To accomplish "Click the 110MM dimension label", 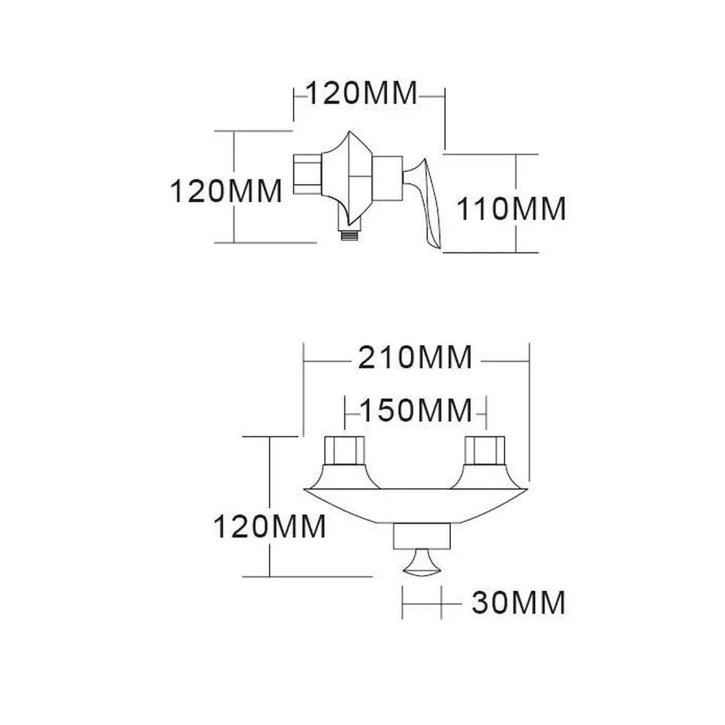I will [x=510, y=210].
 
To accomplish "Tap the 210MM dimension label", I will [x=415, y=357].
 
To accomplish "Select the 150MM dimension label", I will [x=415, y=411].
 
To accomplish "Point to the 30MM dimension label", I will [x=518, y=602].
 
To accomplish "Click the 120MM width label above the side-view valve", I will [x=361, y=94].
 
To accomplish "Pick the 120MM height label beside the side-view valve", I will [x=225, y=191].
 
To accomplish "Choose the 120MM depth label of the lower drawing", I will [x=269, y=526].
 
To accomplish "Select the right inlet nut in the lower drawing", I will [x=484, y=451].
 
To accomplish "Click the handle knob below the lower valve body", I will [x=422, y=564].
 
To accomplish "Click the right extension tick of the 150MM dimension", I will [x=485, y=412].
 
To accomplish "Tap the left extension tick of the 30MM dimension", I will [x=402, y=602].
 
